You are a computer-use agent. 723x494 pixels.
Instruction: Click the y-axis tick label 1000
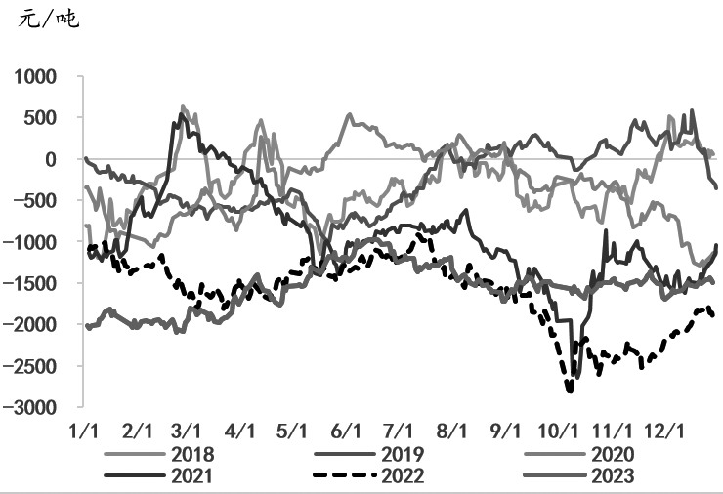click(x=35, y=76)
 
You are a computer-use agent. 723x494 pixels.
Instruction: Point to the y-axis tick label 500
click(x=41, y=117)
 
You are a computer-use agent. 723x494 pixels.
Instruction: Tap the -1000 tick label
click(x=31, y=242)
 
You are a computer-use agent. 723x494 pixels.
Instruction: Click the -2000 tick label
click(x=31, y=324)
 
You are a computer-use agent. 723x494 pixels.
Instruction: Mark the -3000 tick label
click(x=31, y=407)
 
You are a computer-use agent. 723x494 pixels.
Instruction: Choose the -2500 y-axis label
click(x=31, y=366)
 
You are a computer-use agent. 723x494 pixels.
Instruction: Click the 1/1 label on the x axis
click(x=85, y=430)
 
